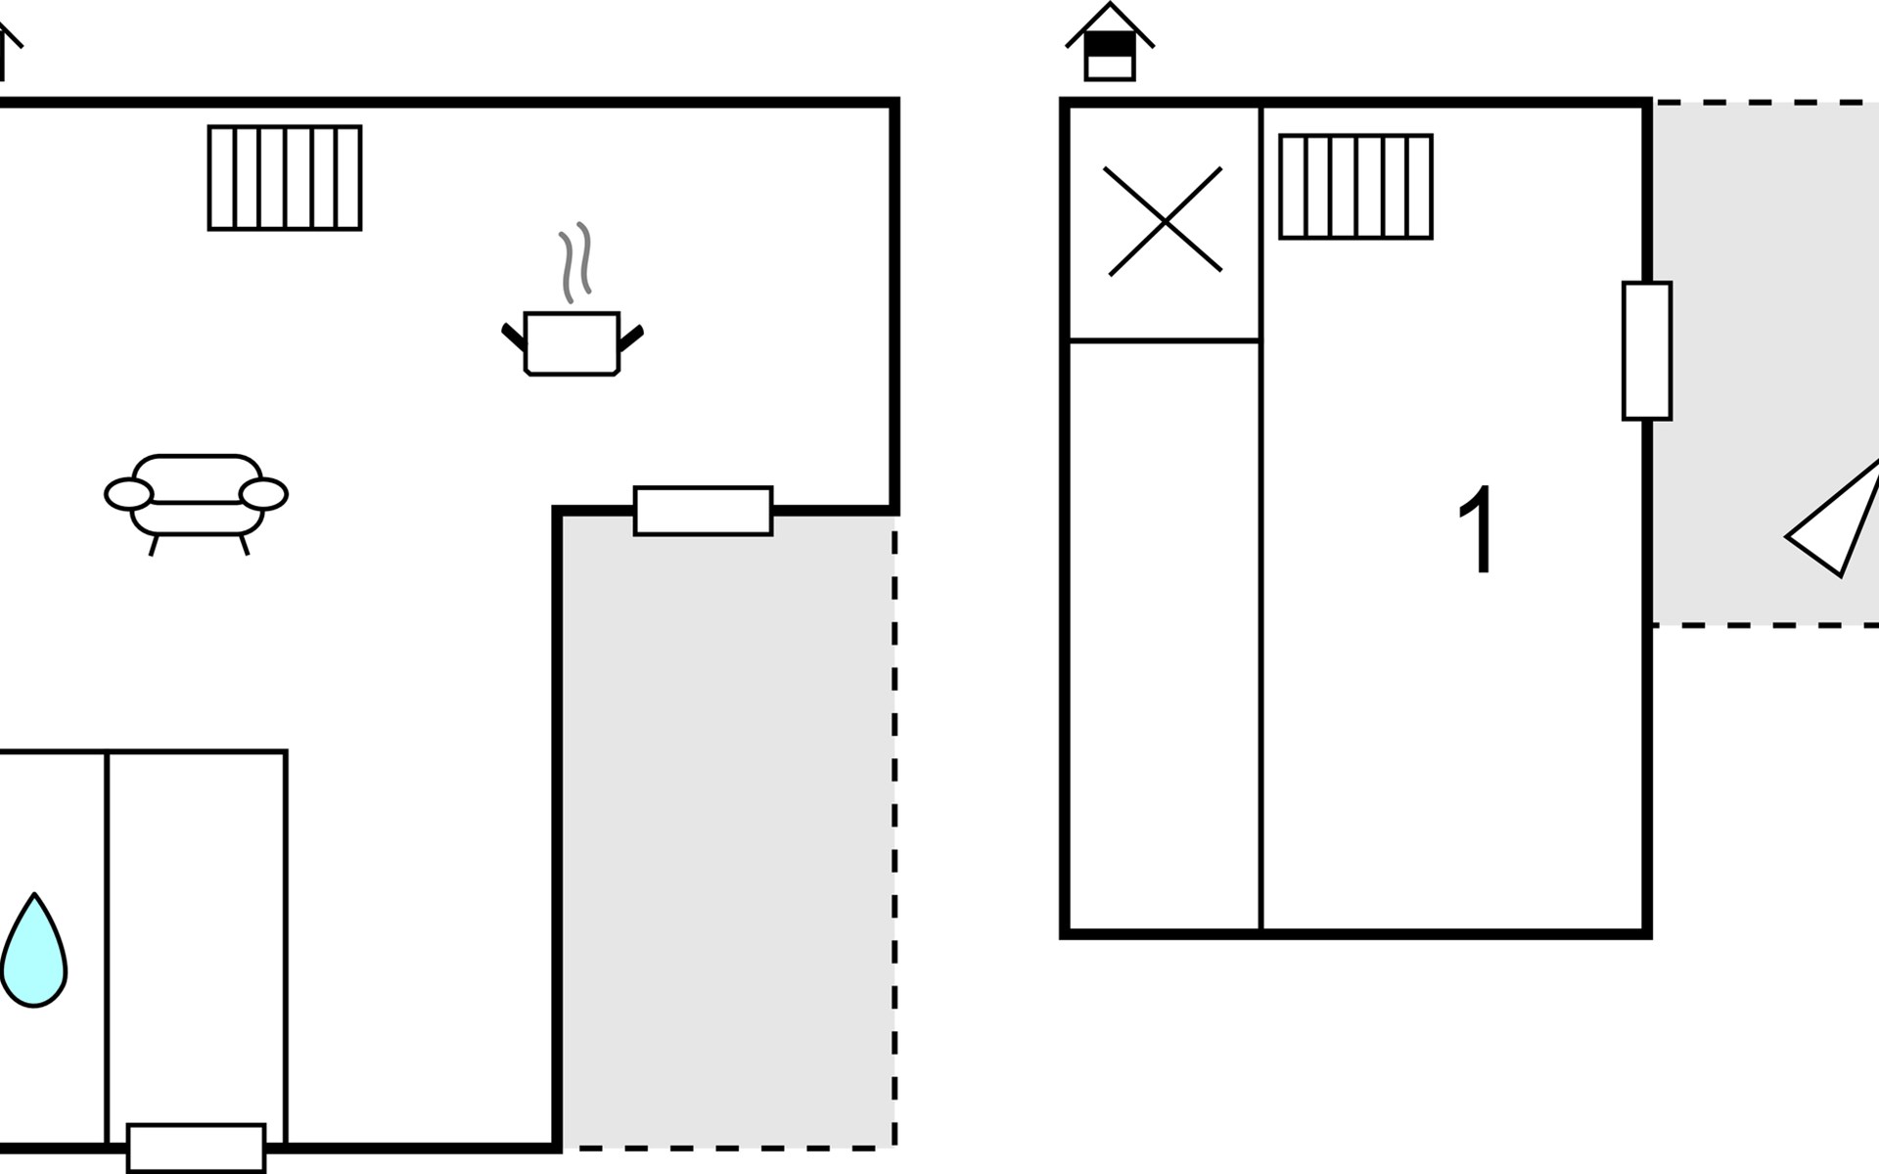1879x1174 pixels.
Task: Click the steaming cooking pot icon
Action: coord(573,342)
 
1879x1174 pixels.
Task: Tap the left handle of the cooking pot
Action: coord(514,337)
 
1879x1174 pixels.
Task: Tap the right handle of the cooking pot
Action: coord(631,338)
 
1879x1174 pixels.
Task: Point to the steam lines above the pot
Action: coord(576,261)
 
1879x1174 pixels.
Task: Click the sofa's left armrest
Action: coord(128,495)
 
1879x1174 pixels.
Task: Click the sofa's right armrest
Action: coord(263,495)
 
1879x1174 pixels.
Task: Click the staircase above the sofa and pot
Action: coord(285,178)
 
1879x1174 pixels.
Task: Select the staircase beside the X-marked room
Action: coord(1355,187)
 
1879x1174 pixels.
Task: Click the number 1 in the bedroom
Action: coord(1478,529)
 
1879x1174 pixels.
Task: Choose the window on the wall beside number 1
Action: coord(1646,350)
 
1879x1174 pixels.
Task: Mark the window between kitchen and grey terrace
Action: coord(703,511)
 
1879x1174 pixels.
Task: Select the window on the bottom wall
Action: coord(196,1148)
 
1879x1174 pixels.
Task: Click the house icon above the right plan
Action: coord(1110,43)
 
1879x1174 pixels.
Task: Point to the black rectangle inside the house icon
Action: coord(1110,46)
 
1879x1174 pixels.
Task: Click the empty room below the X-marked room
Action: coord(1164,636)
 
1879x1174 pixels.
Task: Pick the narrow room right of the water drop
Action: coord(197,939)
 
